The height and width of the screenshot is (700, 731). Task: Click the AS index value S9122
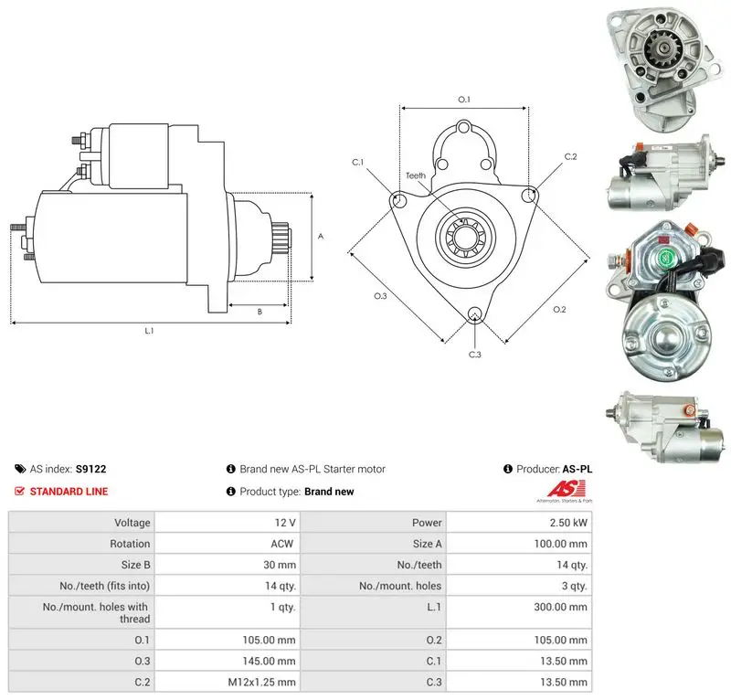click(90, 469)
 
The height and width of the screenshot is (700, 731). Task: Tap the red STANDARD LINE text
click(69, 491)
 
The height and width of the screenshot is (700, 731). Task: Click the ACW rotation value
click(282, 544)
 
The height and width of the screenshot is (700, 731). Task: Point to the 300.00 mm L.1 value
click(560, 607)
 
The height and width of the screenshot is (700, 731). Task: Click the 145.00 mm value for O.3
click(269, 661)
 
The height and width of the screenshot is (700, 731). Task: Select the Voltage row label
click(132, 523)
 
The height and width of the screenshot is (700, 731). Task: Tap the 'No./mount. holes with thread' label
click(95, 613)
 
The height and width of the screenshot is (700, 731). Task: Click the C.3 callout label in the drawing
click(474, 355)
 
